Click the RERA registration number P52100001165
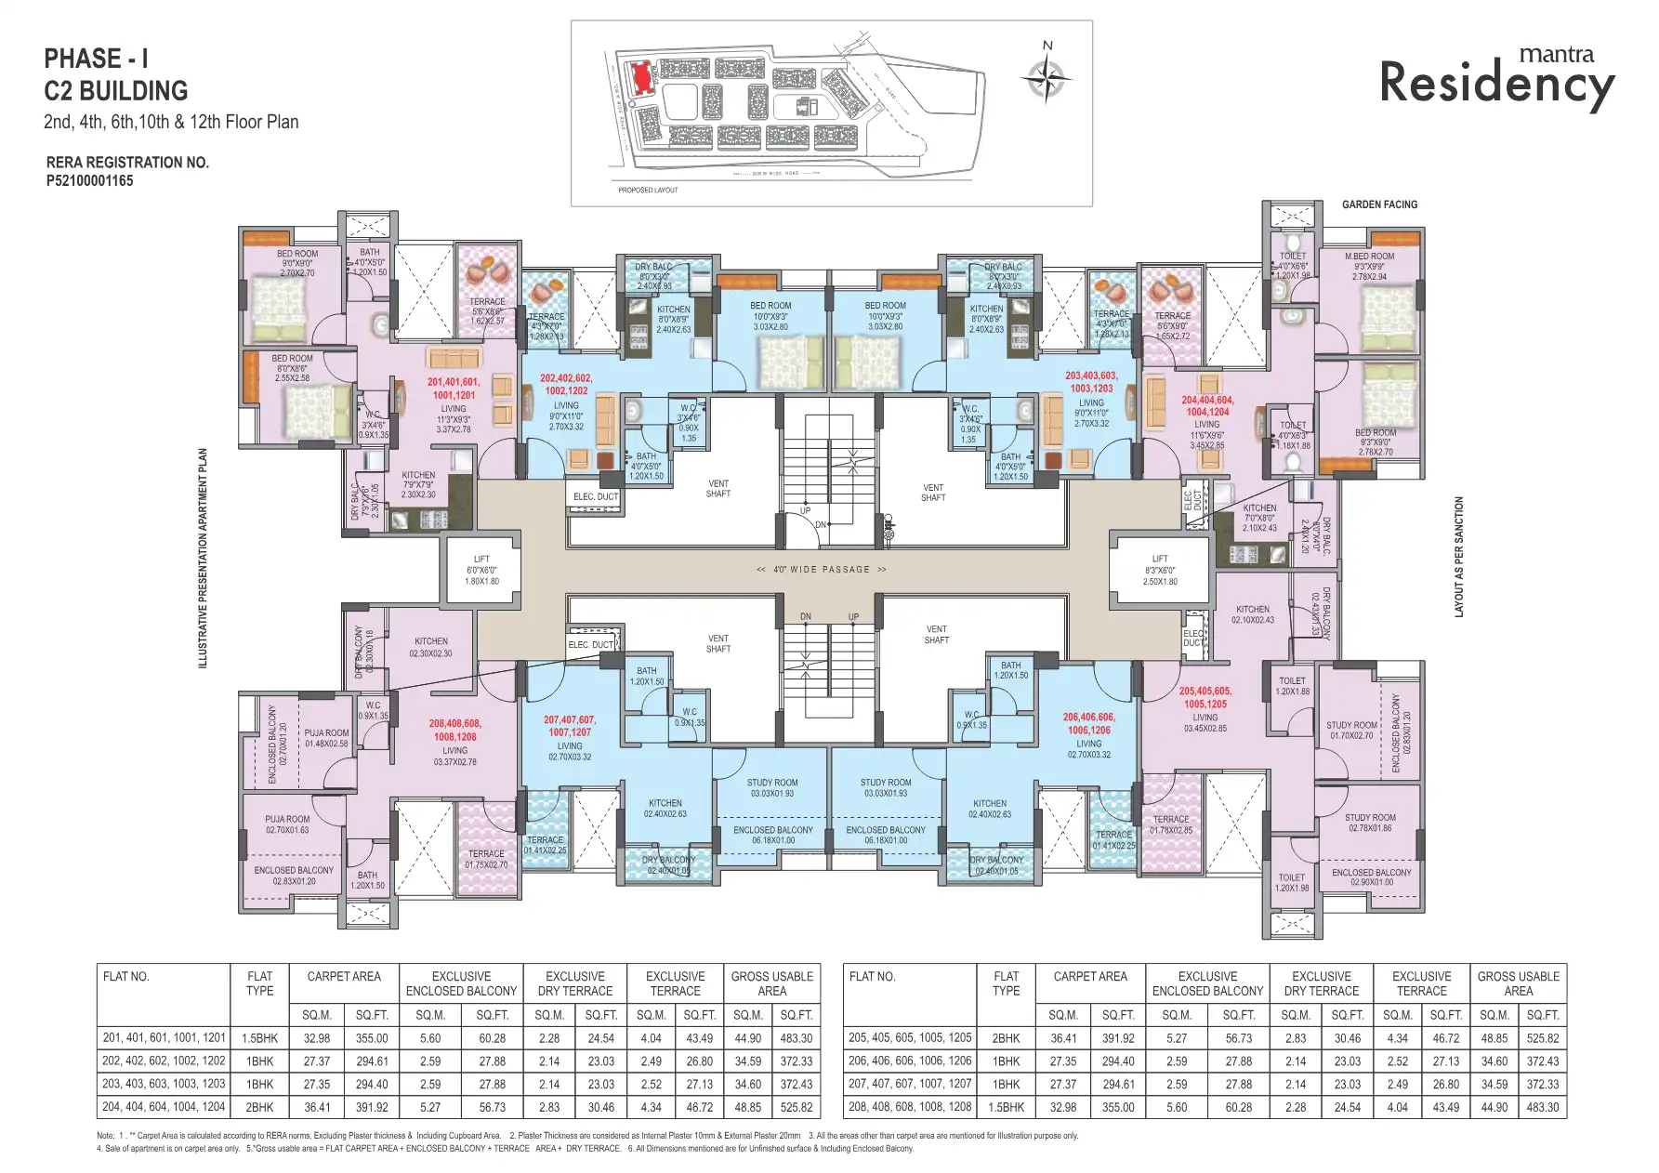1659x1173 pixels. [x=89, y=181]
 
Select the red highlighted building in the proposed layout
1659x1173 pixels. [x=639, y=77]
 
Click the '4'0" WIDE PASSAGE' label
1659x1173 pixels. [x=822, y=570]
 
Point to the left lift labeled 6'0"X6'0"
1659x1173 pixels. [x=481, y=570]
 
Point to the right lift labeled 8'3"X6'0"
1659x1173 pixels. [x=1159, y=570]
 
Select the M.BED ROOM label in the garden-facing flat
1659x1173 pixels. [x=1369, y=257]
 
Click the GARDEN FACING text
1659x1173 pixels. [x=1379, y=204]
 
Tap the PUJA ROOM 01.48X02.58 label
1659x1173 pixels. [x=326, y=738]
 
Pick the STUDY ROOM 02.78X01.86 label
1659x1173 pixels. [x=1370, y=823]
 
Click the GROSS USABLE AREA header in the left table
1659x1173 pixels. [x=771, y=983]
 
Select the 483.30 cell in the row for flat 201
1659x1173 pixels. [x=796, y=1038]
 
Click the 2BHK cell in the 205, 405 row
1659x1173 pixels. [x=1006, y=1038]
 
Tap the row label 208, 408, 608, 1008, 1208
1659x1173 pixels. [x=909, y=1107]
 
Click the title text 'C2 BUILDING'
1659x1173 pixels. [x=116, y=91]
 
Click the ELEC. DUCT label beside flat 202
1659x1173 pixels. [x=595, y=497]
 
